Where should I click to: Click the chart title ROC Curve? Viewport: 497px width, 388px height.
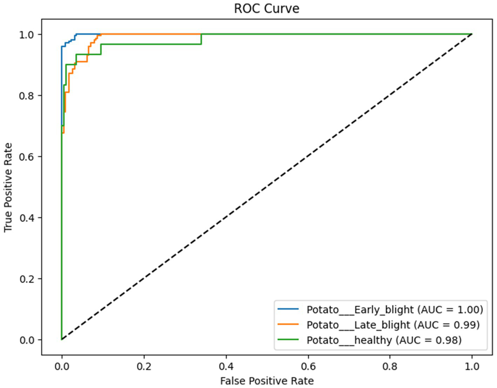(267, 8)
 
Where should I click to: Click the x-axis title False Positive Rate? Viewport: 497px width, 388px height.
(267, 381)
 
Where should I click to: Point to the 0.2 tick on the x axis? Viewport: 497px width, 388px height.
(144, 367)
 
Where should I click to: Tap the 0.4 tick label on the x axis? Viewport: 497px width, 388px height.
(226, 367)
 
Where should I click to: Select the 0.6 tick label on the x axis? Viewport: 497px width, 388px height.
(308, 367)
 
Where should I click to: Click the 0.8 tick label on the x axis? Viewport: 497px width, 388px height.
(390, 367)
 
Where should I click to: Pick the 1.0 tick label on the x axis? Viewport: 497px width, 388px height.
(472, 367)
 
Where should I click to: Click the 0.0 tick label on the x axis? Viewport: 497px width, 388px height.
(62, 367)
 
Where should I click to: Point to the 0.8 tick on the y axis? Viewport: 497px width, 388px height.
(27, 96)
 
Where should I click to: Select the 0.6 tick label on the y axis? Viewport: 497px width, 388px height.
(27, 157)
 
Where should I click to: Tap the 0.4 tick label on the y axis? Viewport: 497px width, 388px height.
(27, 218)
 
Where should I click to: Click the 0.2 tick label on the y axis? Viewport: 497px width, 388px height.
(27, 279)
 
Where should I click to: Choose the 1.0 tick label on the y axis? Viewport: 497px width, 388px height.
(27, 35)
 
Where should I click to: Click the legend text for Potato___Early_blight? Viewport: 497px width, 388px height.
(395, 309)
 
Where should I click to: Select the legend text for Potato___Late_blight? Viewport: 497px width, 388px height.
(393, 325)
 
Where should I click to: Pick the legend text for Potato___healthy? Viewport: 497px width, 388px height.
(384, 340)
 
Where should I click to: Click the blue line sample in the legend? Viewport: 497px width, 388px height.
(288, 309)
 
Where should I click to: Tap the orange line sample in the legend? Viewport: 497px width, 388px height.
(288, 325)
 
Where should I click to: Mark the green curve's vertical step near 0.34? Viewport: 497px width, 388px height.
(201, 39)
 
